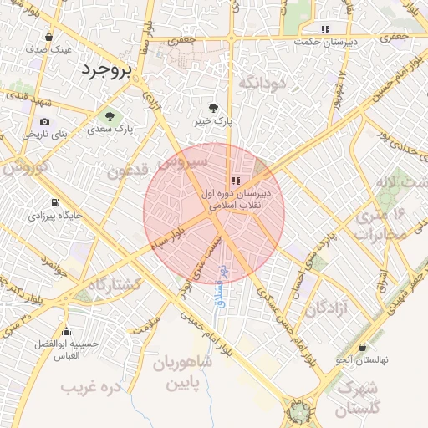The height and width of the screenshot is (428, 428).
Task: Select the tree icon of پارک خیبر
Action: click(x=214, y=108)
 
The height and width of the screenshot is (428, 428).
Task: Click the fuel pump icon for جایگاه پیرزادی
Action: click(x=55, y=202)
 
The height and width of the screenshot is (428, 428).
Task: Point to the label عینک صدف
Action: click(x=48, y=49)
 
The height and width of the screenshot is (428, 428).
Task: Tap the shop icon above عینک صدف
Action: click(x=48, y=37)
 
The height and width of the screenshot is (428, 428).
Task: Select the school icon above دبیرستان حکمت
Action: click(x=325, y=29)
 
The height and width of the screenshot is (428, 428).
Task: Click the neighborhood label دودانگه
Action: click(x=263, y=83)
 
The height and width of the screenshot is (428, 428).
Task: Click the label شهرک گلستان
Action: click(x=358, y=399)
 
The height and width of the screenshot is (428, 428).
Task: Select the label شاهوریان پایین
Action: click(x=184, y=374)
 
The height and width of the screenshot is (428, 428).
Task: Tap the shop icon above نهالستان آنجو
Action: click(x=362, y=347)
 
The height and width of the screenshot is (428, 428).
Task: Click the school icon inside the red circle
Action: click(x=237, y=180)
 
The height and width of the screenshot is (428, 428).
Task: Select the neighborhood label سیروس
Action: click(x=181, y=160)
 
